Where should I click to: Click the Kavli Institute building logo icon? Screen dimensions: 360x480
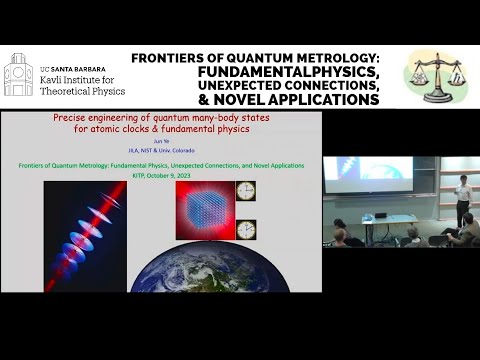point(18,75)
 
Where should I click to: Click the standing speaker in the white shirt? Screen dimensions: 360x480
point(461,199)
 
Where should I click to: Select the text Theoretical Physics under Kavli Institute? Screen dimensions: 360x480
point(81,91)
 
